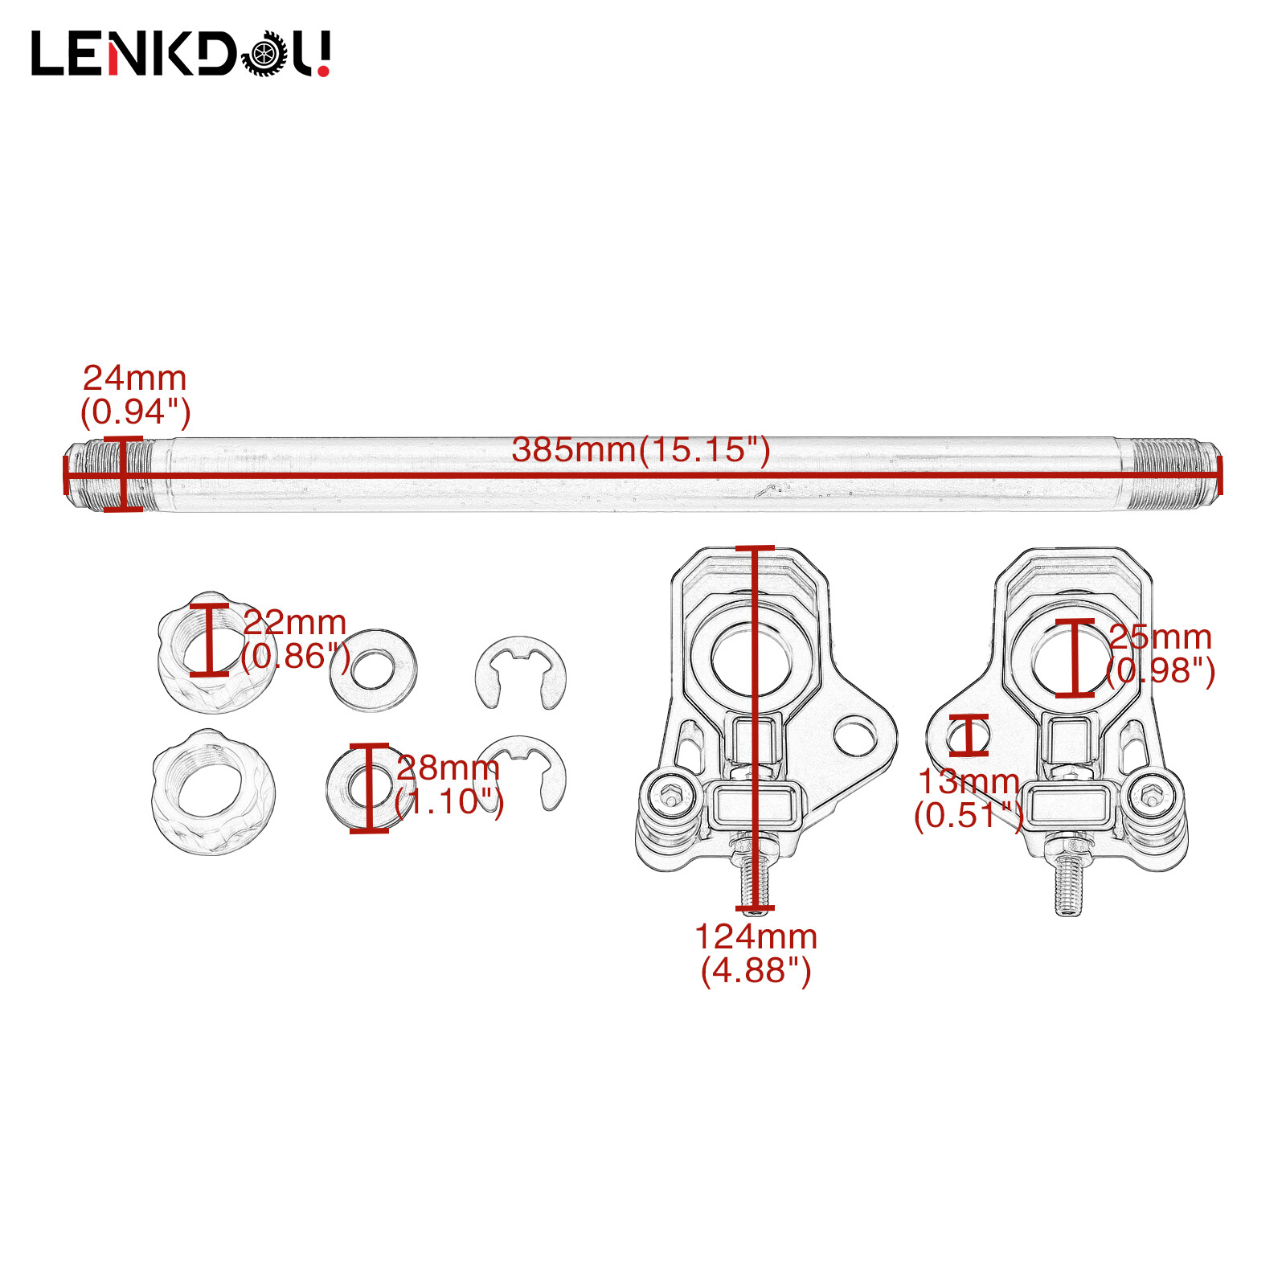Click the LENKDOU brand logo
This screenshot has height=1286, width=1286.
click(x=181, y=54)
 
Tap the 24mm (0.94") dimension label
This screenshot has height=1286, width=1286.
click(x=135, y=395)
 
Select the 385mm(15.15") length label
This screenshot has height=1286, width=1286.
click(x=641, y=450)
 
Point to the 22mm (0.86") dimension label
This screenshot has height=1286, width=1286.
click(x=295, y=639)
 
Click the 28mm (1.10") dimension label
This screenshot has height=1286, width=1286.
click(x=448, y=784)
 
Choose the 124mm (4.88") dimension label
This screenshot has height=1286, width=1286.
click(x=756, y=953)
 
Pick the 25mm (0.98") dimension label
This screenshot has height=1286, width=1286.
click(x=1160, y=653)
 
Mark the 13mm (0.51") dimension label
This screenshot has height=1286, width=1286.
click(x=969, y=798)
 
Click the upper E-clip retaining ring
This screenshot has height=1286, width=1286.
click(x=521, y=672)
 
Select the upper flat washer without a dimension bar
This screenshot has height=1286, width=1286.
click(x=374, y=670)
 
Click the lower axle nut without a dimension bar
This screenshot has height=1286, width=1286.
click(x=213, y=792)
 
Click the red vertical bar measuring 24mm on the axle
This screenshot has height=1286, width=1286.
click(x=123, y=474)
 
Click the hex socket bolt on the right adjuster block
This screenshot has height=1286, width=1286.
click(x=1150, y=796)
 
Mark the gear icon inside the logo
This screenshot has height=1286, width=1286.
click(x=264, y=55)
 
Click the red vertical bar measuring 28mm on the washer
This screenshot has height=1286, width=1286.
click(x=369, y=788)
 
